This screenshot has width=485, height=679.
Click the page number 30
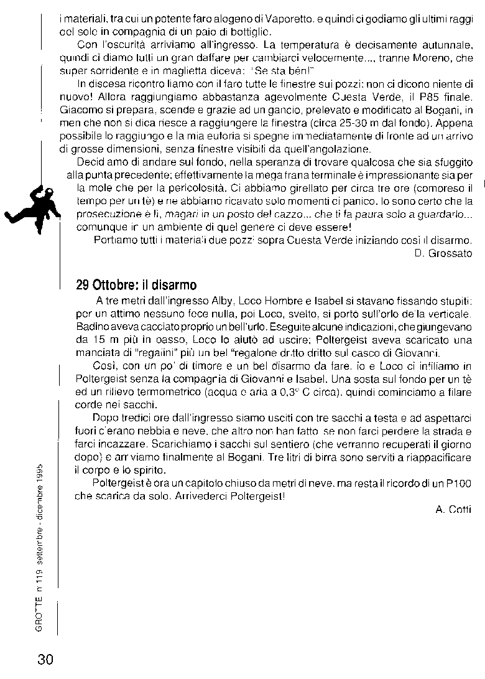coord(45,659)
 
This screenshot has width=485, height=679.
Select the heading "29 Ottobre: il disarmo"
coord(136,286)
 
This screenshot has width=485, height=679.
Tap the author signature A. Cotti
coord(453,509)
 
